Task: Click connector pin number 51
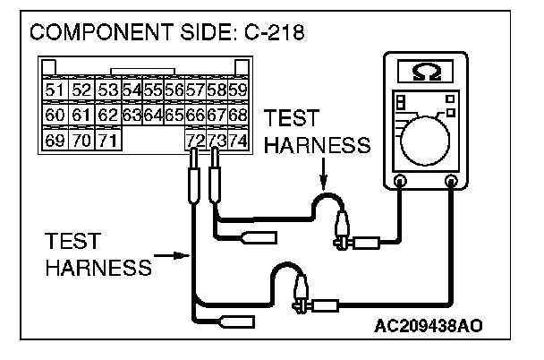[x=55, y=90]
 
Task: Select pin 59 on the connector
[x=238, y=90]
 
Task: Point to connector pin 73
[x=216, y=141]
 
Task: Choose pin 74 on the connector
[x=237, y=141]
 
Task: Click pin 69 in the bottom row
[x=55, y=141]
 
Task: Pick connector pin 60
[x=55, y=116]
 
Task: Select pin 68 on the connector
[x=238, y=116]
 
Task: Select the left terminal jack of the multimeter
[x=399, y=183]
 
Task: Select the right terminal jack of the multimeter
[x=451, y=183]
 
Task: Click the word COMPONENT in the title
[x=98, y=33]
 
